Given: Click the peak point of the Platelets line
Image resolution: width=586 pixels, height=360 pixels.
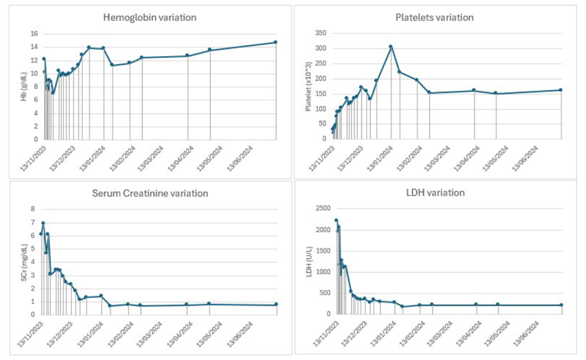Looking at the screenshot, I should [x=391, y=47].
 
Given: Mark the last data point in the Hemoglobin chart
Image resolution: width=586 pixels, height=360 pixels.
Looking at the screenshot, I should [x=275, y=42].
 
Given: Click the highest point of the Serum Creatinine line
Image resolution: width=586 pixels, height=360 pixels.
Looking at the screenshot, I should [x=43, y=223].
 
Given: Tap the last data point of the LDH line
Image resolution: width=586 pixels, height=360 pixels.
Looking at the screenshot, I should [x=561, y=305].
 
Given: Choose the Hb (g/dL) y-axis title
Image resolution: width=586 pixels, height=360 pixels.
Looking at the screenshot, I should [x=24, y=86].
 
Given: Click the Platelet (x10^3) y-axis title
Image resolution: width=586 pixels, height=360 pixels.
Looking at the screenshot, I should [x=309, y=86].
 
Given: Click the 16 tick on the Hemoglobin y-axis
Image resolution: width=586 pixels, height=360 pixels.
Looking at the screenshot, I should [x=34, y=34].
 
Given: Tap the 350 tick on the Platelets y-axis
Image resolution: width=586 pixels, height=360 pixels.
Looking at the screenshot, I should [x=321, y=34].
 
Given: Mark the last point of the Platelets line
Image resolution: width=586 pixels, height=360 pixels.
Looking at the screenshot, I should [x=561, y=90].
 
